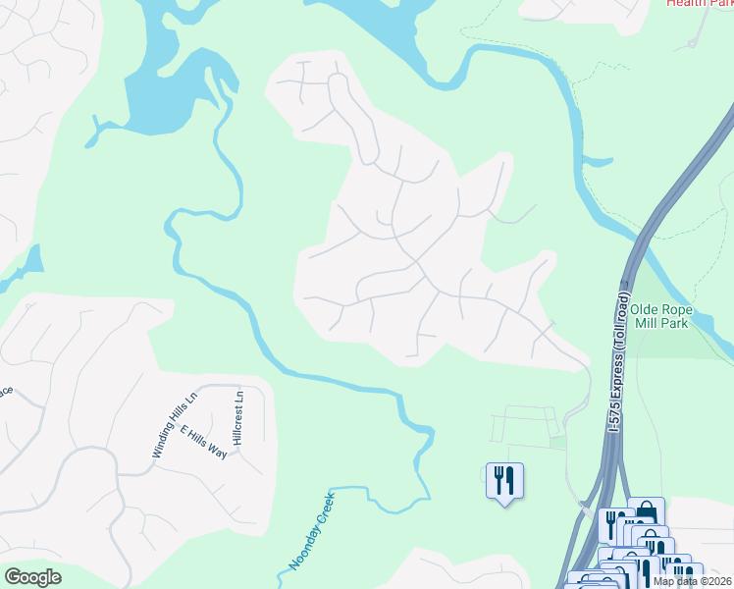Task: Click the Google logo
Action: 32,577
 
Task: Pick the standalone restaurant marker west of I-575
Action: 504,481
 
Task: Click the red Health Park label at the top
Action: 699,3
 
